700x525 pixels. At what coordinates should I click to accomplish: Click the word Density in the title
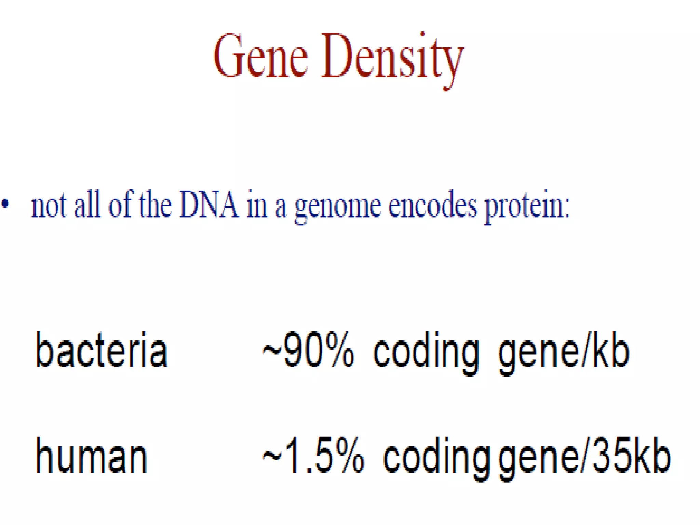[x=392, y=58]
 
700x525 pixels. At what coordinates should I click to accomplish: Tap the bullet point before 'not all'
[x=5, y=204]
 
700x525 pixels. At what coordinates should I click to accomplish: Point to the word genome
[x=338, y=207]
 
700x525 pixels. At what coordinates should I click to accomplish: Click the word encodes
[x=433, y=206]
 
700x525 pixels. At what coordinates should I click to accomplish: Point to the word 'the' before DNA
[x=155, y=205]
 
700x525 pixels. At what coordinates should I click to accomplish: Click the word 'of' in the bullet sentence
[x=120, y=205]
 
